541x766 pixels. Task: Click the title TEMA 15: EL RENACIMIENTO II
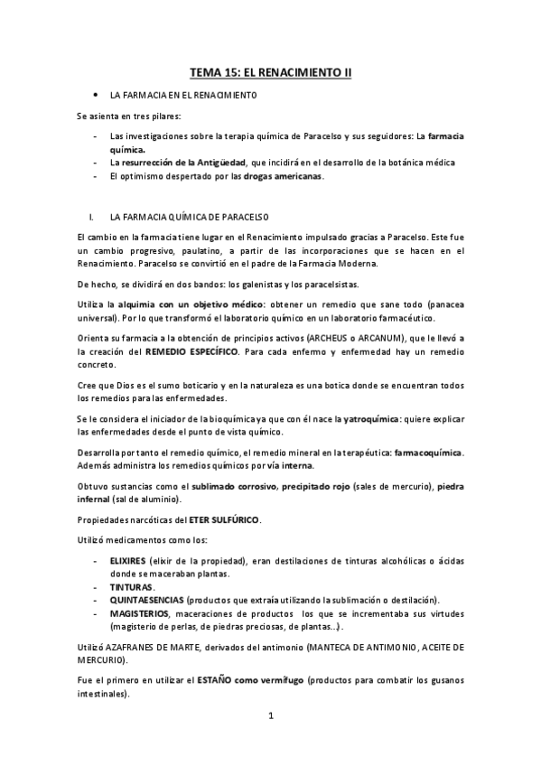coord(270,70)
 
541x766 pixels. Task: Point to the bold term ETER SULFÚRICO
coord(225,520)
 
